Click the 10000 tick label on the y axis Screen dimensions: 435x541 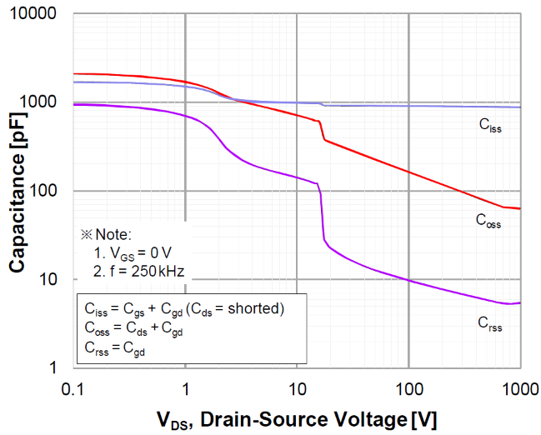(40, 15)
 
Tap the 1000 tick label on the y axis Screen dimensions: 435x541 (43, 102)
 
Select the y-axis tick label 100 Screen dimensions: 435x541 (48, 191)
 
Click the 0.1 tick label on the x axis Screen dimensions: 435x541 (73, 387)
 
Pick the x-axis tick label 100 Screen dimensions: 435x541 (408, 387)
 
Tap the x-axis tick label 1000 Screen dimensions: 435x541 (518, 387)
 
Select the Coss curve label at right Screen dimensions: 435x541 (489, 221)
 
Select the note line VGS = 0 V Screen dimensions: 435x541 (133, 252)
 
